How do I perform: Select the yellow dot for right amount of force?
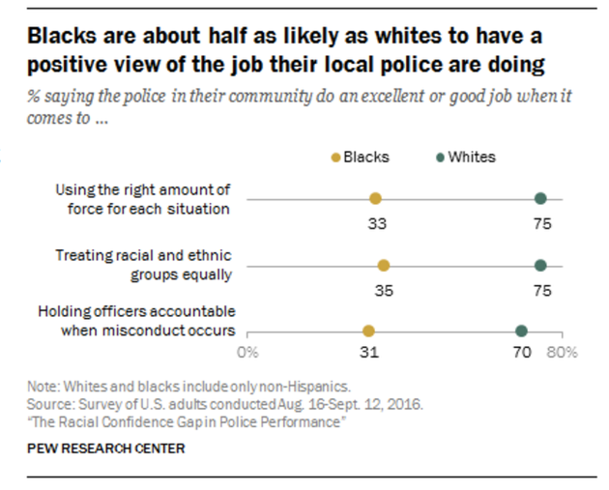[375, 199]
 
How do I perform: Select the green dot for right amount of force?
[540, 199]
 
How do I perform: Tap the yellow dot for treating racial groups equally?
[384, 266]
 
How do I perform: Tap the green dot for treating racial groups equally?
[540, 266]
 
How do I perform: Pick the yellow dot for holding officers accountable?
[367, 331]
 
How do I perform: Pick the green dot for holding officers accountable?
[521, 331]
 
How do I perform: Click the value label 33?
[375, 222]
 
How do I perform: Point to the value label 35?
[384, 289]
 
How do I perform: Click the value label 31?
[367, 353]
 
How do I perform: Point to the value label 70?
[521, 353]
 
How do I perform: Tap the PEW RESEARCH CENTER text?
[106, 448]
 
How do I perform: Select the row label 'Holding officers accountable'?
[137, 321]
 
